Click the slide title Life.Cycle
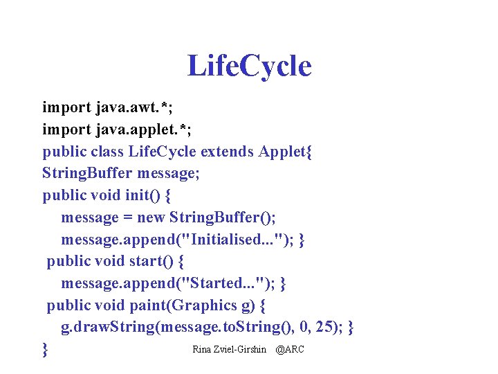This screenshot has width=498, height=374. (x=249, y=66)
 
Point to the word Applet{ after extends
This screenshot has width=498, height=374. (x=286, y=152)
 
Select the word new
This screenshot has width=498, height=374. (x=151, y=217)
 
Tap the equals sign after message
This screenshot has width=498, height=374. (x=128, y=217)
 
